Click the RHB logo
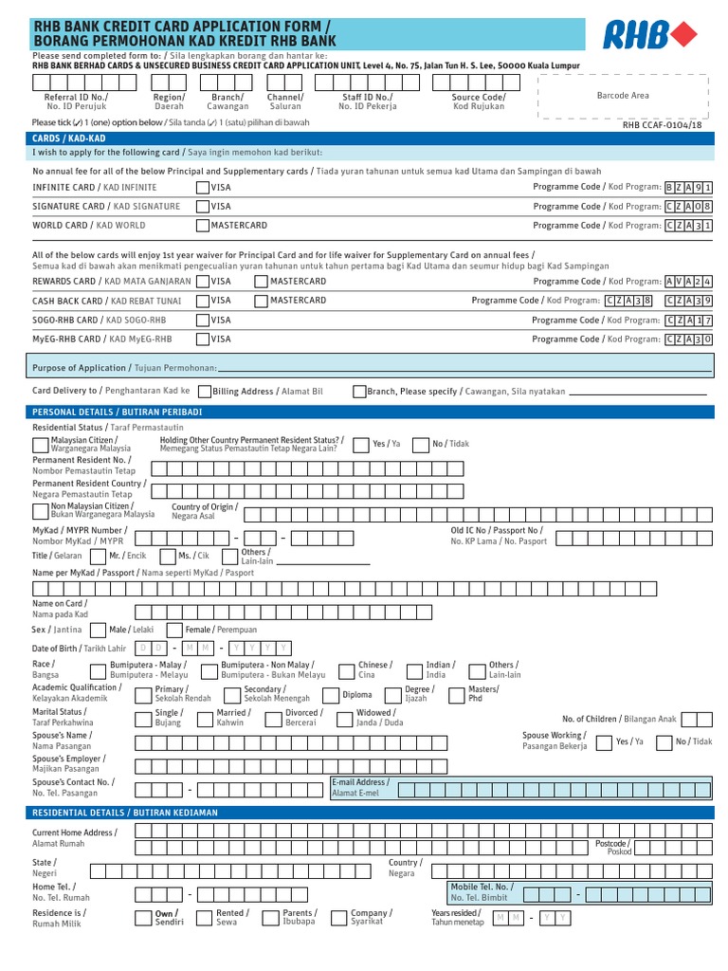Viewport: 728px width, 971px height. pyautogui.click(x=649, y=36)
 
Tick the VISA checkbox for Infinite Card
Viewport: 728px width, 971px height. pyautogui.click(x=203, y=188)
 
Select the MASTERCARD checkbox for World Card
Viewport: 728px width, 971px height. pyautogui.click(x=203, y=226)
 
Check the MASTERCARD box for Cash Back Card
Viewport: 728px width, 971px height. pyautogui.click(x=263, y=301)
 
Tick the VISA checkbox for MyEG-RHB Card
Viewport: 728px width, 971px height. pyautogui.click(x=203, y=339)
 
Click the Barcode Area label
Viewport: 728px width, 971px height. pyautogui.click(x=622, y=96)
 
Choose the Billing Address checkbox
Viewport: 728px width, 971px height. pyautogui.click(x=205, y=391)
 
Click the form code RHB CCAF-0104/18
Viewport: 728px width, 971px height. pyautogui.click(x=663, y=124)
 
